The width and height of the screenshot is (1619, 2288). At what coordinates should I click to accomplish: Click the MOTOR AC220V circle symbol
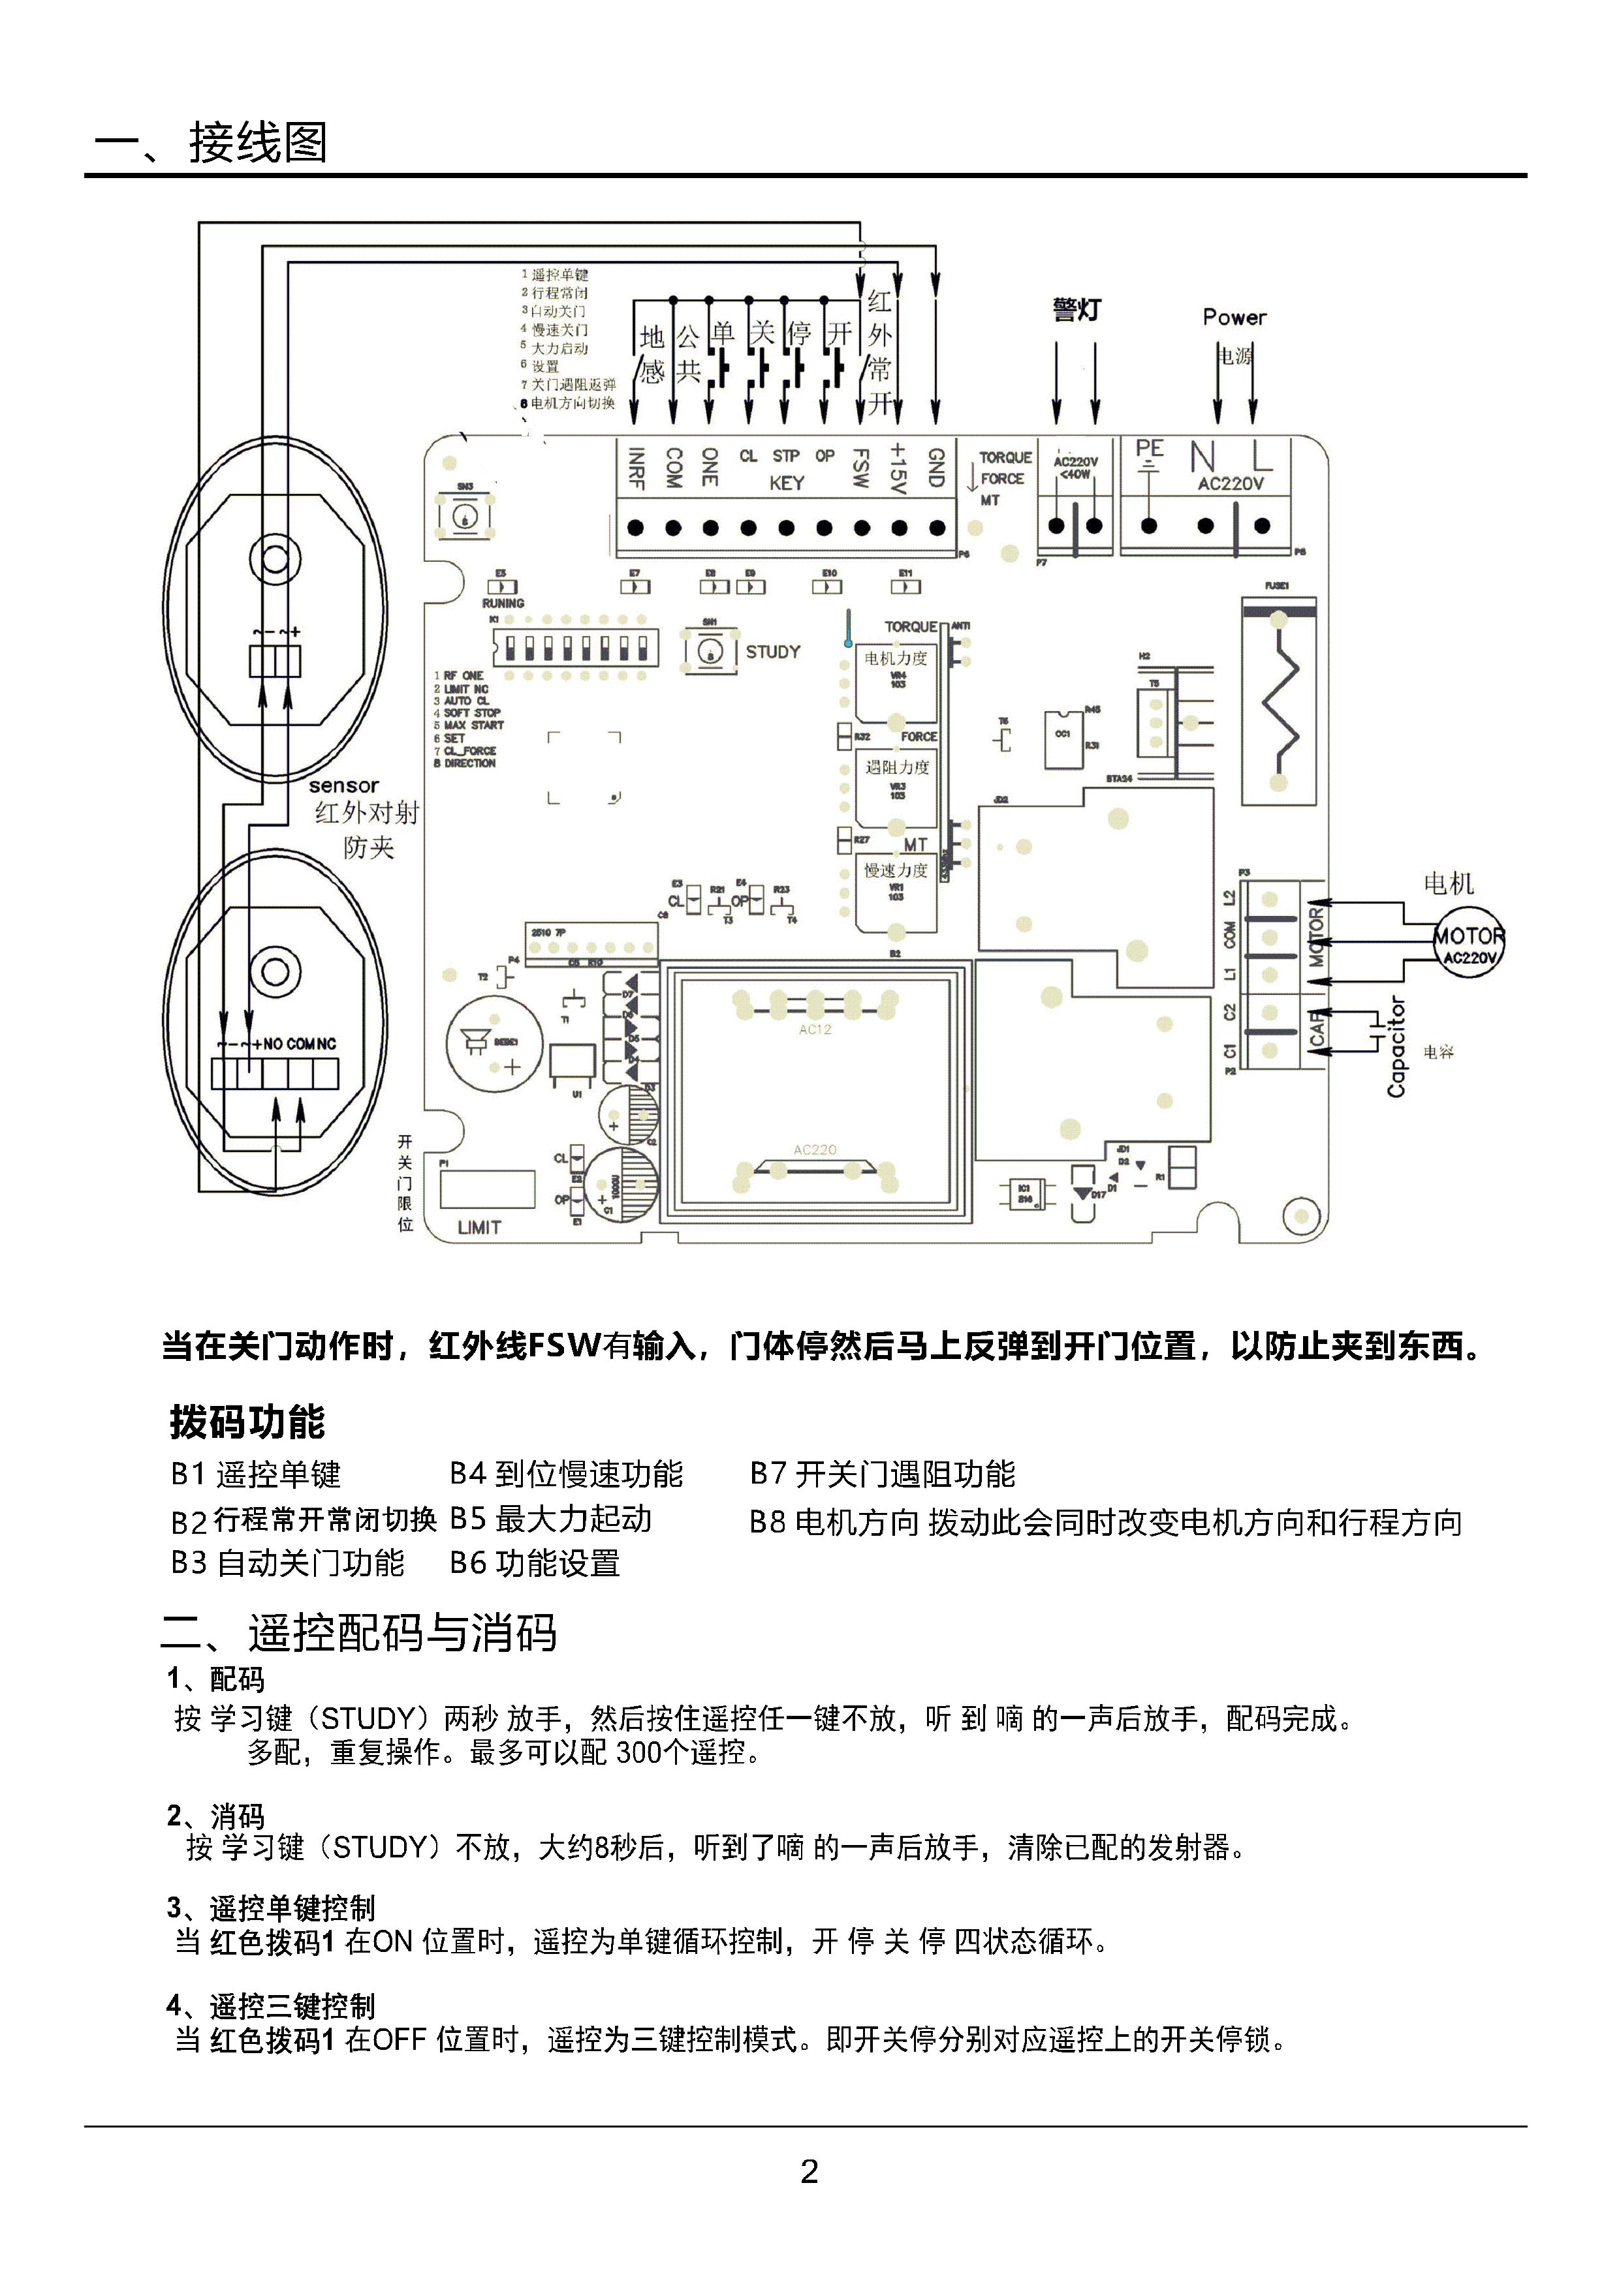click(x=1468, y=941)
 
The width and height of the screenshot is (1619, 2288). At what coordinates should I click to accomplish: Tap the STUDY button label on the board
click(x=772, y=652)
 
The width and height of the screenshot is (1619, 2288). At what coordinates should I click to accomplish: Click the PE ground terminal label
click(x=1150, y=450)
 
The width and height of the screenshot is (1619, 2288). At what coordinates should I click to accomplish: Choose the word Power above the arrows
click(x=1234, y=318)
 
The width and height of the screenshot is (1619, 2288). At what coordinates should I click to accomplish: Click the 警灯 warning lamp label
click(x=1077, y=310)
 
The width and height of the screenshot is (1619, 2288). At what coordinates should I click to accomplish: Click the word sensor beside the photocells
click(x=344, y=786)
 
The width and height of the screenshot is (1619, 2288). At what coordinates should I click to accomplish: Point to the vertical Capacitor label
click(x=1396, y=1047)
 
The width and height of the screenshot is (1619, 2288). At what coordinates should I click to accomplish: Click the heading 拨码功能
click(x=247, y=1422)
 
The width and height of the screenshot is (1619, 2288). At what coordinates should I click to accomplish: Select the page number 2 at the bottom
click(x=809, y=2171)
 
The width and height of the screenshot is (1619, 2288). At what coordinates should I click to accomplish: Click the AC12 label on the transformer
click(x=815, y=1030)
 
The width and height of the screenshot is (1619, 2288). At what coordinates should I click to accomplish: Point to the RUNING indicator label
click(x=503, y=603)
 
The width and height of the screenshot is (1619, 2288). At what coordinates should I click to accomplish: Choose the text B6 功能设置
click(x=535, y=1563)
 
